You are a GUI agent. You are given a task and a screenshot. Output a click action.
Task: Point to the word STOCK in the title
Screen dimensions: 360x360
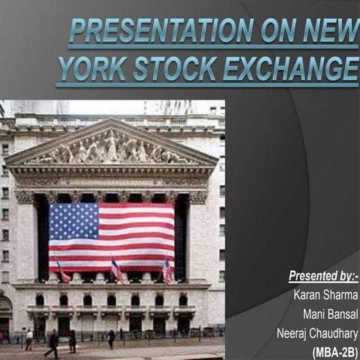pos(175,69)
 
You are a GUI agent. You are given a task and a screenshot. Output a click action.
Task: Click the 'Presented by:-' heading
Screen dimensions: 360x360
pos(322,277)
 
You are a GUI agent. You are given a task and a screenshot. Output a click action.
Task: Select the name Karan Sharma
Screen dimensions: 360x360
pos(325,295)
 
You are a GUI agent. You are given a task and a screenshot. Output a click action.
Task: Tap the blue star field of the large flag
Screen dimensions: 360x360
pos(73,220)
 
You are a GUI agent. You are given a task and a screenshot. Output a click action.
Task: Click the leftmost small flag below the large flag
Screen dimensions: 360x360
pos(64,272)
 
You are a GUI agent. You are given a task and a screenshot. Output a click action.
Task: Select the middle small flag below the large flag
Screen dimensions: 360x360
pos(117,271)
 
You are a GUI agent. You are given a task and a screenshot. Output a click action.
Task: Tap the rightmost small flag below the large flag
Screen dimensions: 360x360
pos(166,271)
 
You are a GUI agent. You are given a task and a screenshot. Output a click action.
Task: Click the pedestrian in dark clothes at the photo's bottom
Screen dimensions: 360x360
pos(53,342)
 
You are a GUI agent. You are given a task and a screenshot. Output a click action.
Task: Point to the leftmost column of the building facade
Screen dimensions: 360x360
pos(25,240)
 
